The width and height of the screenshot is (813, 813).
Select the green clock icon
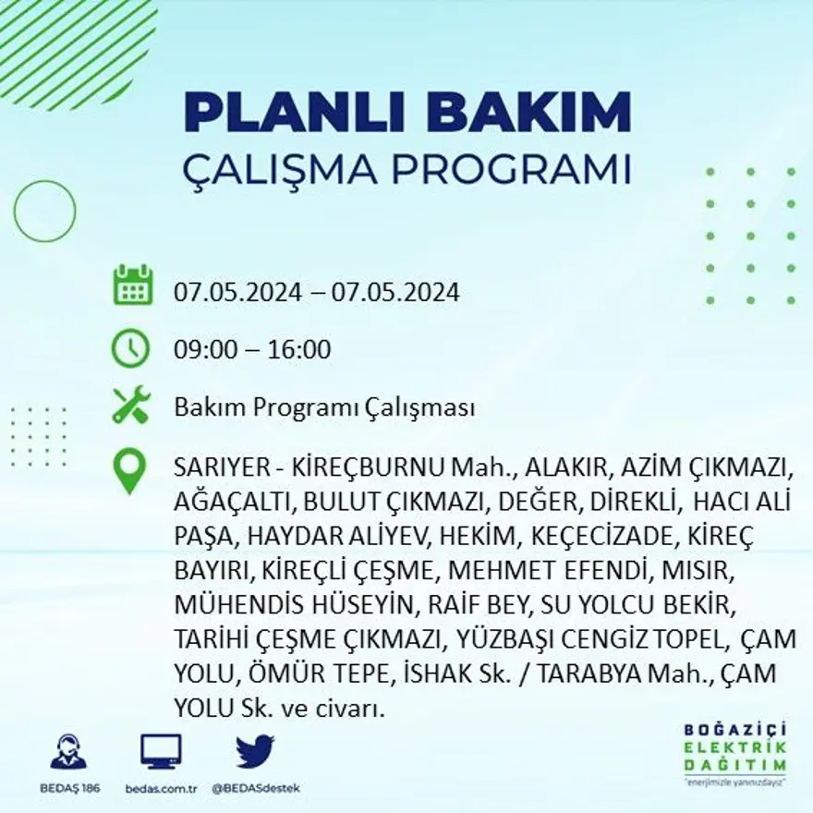point(131,348)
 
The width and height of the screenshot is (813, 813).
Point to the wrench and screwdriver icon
point(131,406)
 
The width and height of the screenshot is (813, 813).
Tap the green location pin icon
point(129,470)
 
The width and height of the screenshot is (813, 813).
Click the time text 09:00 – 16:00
point(252,350)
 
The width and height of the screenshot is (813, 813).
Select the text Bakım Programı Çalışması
point(324,407)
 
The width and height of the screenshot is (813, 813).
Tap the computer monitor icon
point(161,751)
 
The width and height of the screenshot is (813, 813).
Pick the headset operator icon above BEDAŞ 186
point(67,751)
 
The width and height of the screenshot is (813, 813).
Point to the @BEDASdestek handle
point(255,788)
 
